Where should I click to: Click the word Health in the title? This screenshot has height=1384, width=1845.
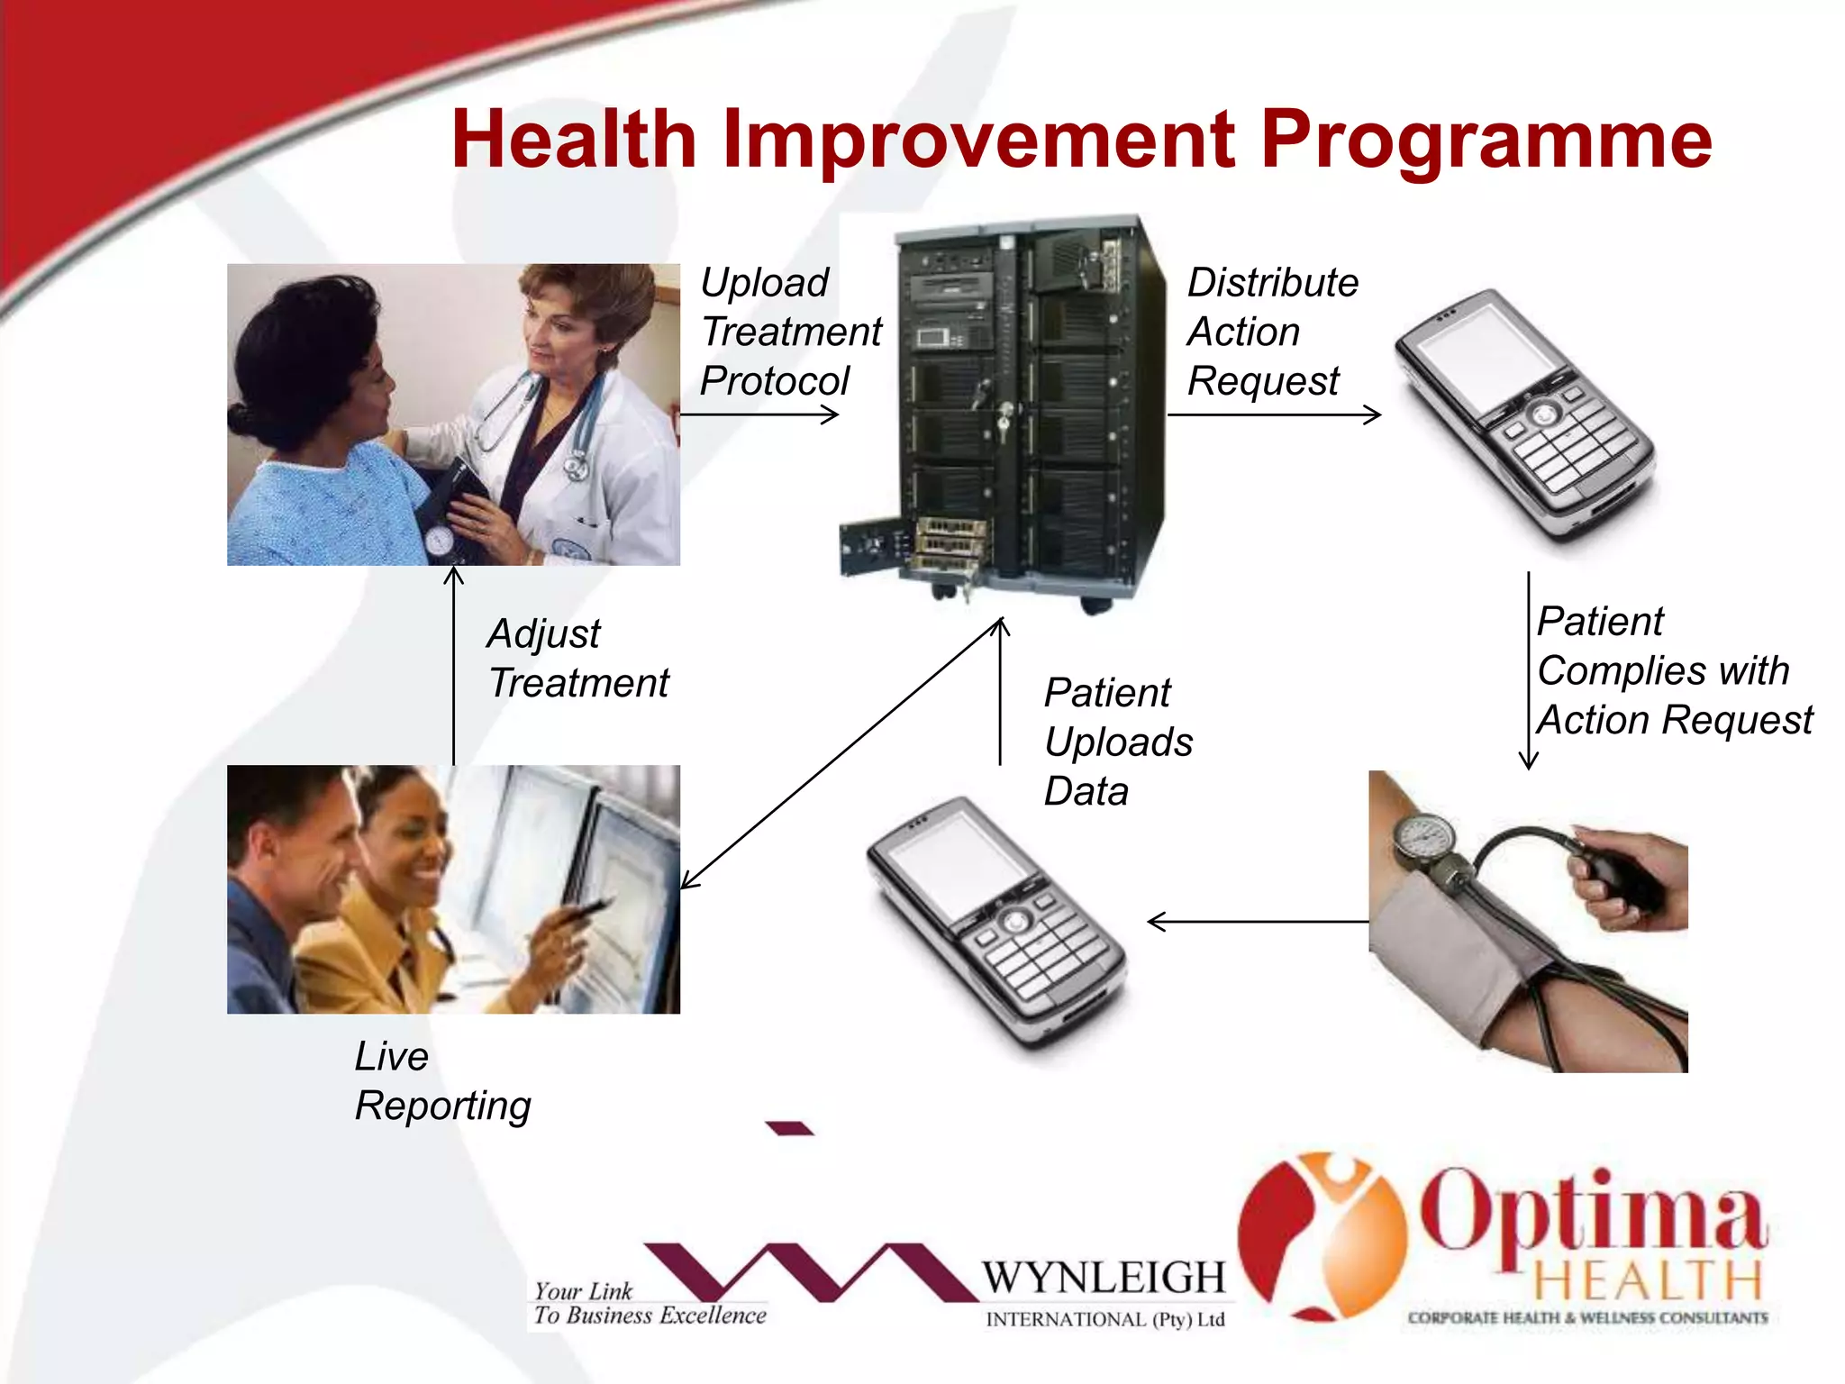coord(574,140)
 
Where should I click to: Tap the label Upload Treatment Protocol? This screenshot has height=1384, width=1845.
coord(789,332)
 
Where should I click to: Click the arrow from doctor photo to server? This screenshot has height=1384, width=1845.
coord(759,414)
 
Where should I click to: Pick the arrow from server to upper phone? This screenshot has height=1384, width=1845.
coord(1272,414)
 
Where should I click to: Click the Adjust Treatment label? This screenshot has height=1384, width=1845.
coord(577,658)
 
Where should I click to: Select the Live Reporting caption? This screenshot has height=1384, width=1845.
coord(441,1080)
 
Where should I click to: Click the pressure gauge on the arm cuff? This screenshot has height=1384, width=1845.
coord(1424,838)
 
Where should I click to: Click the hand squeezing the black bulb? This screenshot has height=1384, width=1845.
coord(1631,879)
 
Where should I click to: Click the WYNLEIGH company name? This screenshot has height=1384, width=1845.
coord(1104,1278)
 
